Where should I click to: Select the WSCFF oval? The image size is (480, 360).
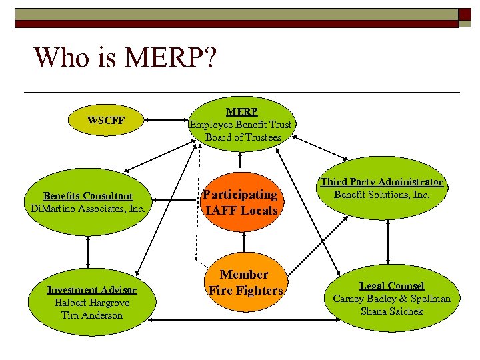pos(106,121)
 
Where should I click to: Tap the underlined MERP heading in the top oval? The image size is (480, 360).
pos(241,111)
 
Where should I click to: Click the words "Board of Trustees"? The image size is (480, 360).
pos(243,137)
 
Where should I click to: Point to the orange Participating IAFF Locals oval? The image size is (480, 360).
pos(241,202)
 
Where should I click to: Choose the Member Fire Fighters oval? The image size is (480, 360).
pos(245,283)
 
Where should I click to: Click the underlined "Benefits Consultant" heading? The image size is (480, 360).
pos(88,196)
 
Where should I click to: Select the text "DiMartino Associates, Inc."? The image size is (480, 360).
pos(88,208)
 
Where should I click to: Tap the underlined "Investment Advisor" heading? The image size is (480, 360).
pos(92,290)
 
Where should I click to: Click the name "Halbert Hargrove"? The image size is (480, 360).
pos(92,303)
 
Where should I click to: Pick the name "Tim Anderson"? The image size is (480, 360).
pos(92,315)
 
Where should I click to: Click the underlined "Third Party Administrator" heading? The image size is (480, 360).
pos(382,182)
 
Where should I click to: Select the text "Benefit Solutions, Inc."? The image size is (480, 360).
pos(382,195)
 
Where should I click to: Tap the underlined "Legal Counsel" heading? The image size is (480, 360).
pos(392,286)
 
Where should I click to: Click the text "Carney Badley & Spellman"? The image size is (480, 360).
pos(392,299)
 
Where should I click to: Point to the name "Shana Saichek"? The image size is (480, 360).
pos(392,311)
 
